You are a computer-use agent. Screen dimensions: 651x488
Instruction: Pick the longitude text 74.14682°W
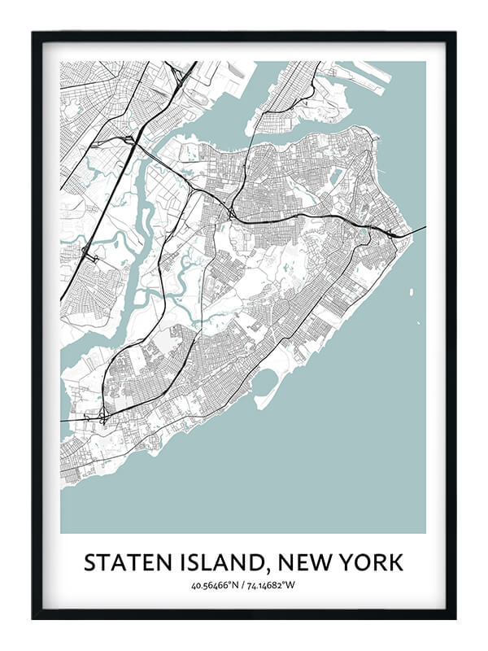[274, 585]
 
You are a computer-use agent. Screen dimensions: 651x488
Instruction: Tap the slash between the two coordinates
[244, 585]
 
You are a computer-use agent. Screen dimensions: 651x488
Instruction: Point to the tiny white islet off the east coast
[411, 291]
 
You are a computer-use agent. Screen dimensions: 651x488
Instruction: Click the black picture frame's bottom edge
[244, 614]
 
